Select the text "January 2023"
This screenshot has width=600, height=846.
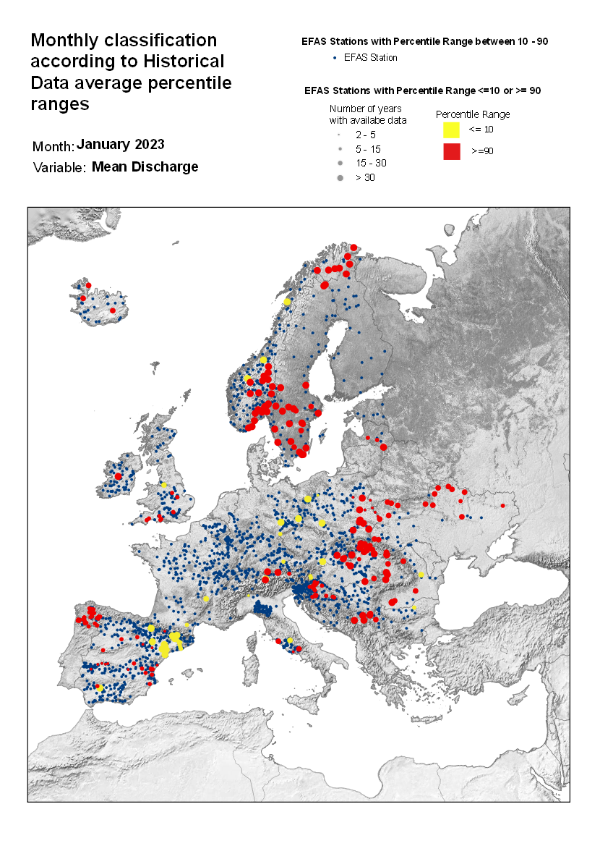pos(121,144)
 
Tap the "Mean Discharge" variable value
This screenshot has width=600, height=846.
pos(145,167)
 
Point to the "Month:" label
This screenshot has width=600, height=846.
pos(53,147)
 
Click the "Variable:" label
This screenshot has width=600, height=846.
pos(59,168)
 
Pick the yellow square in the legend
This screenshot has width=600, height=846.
pos(452,130)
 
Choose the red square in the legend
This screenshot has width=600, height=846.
pos(452,151)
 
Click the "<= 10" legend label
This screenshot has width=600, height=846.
pos(481,130)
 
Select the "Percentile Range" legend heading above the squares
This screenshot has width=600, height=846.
pos(473,114)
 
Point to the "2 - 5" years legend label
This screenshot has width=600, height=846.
pos(366,135)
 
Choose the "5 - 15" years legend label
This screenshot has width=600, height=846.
pos(369,148)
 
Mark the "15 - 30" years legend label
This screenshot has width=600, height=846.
pos(371,163)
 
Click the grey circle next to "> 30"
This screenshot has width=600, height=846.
pos(339,177)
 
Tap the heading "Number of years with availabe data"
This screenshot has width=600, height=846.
pos(367,114)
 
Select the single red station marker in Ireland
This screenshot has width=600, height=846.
pos(118,477)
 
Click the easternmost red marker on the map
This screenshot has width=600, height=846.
pos(500,504)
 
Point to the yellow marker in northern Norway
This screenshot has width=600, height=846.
pos(287,302)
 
